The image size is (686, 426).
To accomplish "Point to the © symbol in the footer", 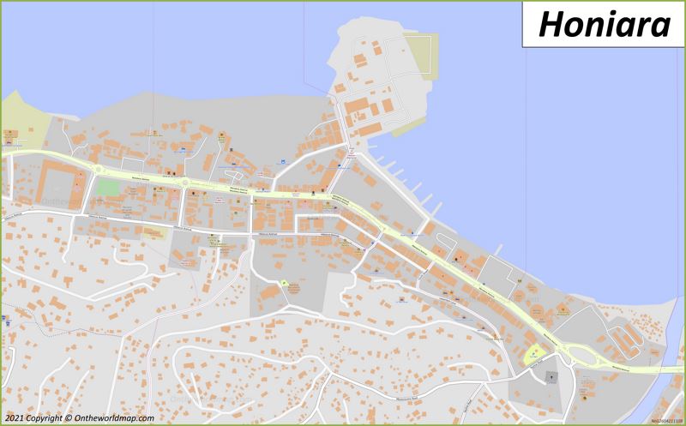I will (x=67, y=418).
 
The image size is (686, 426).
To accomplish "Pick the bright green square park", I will (x=108, y=186).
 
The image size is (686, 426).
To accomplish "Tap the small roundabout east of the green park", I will (x=183, y=182).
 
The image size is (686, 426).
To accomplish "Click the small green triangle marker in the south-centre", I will (x=284, y=283).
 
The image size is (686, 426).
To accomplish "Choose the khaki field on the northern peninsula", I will (x=423, y=53).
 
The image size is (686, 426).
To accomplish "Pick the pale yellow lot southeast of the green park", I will (x=153, y=230).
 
